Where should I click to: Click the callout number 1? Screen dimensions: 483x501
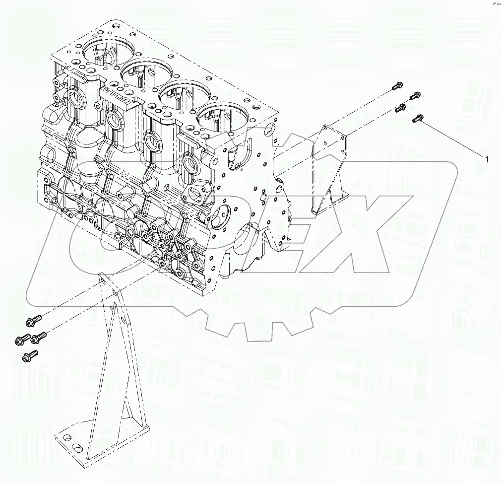(x=487, y=159)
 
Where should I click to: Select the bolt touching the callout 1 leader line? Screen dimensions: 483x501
(x=417, y=118)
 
